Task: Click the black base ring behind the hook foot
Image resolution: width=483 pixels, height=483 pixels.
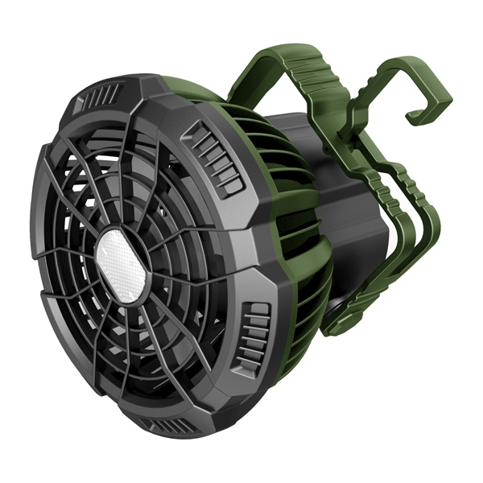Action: point(338,306)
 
